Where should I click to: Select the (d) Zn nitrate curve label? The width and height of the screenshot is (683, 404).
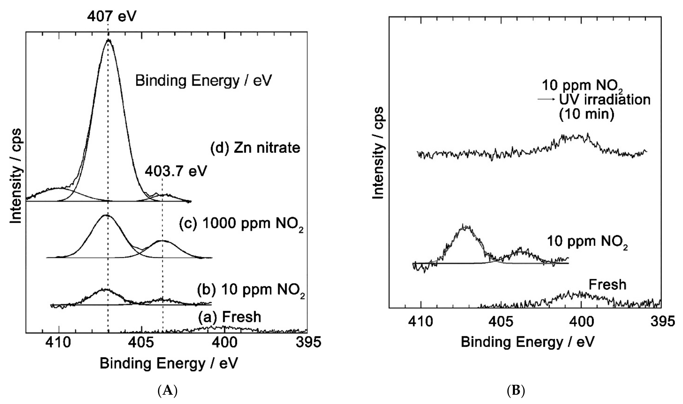click(x=255, y=148)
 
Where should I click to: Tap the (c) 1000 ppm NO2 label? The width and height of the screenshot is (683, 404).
click(x=241, y=224)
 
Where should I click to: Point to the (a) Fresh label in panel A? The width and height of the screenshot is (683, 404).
click(x=229, y=317)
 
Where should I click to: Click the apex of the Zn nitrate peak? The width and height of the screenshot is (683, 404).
click(x=109, y=40)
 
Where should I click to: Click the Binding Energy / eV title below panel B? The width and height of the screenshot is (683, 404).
click(x=527, y=342)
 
